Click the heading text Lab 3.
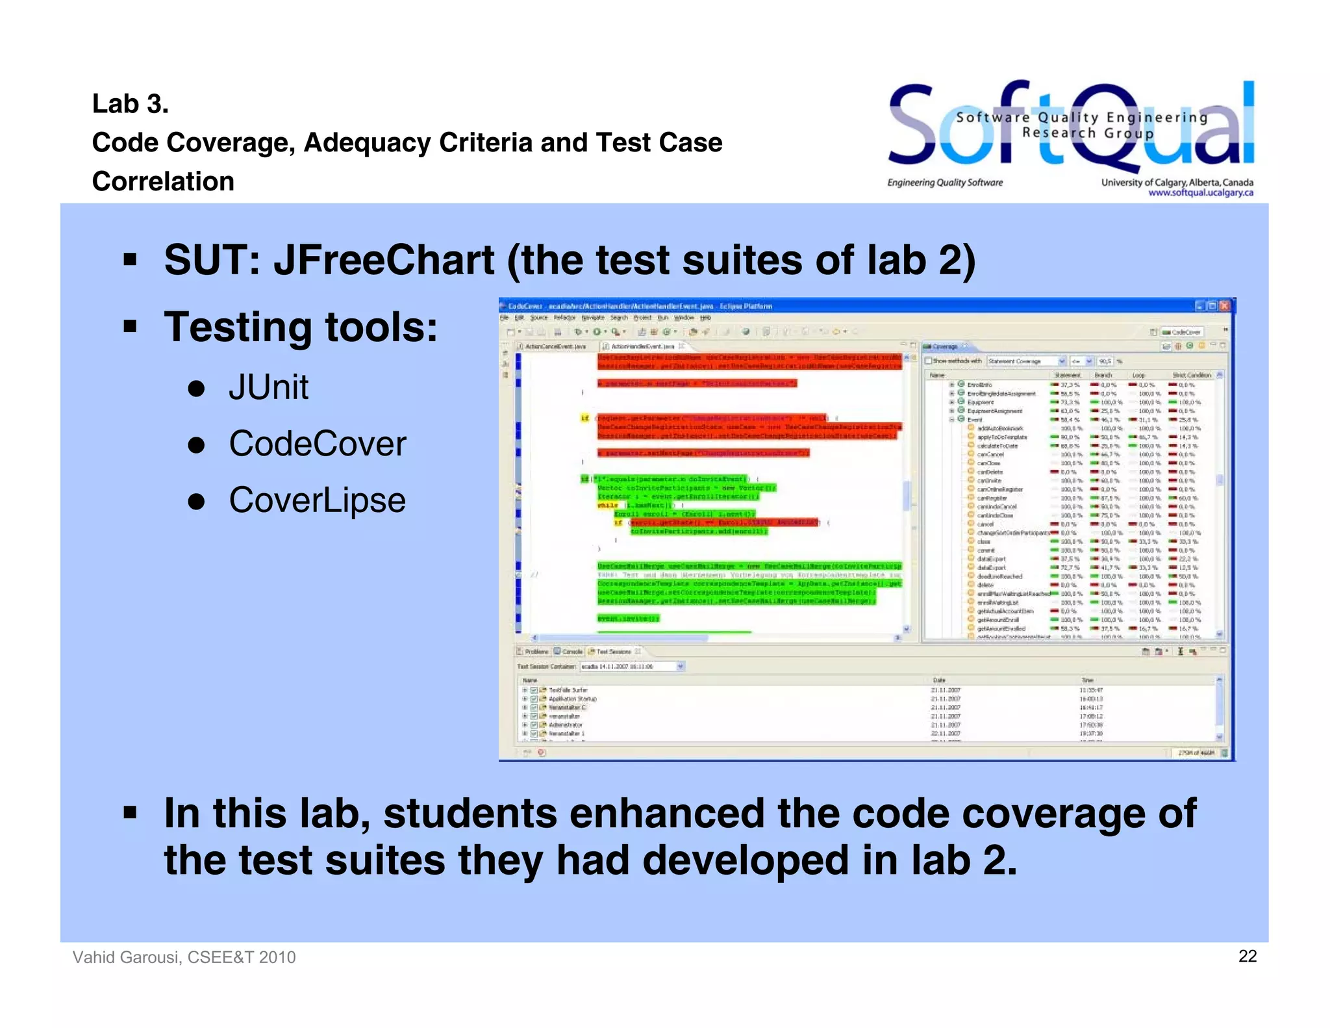point(130,104)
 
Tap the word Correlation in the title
point(163,181)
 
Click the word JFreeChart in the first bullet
point(383,260)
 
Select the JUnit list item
point(268,387)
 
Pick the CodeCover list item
point(317,444)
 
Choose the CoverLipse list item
point(317,500)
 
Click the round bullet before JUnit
point(196,389)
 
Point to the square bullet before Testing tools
point(131,326)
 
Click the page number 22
point(1247,956)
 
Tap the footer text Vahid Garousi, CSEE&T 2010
point(184,957)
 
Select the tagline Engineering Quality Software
point(945,183)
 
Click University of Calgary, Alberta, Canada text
point(1177,183)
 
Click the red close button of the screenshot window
point(1224,305)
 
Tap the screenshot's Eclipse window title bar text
point(640,306)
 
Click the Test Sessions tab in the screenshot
point(613,651)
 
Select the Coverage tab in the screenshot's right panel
point(945,346)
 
